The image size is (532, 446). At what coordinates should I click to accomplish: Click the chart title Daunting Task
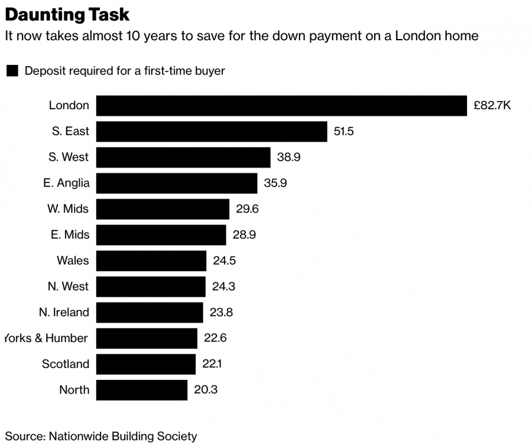(x=67, y=14)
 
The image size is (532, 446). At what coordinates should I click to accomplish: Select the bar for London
(x=281, y=106)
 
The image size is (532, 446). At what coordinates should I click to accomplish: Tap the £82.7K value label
(x=492, y=106)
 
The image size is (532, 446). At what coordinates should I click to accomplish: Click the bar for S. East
(x=212, y=131)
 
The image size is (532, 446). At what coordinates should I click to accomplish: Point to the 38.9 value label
(x=289, y=157)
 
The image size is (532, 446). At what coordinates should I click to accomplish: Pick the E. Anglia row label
(x=66, y=183)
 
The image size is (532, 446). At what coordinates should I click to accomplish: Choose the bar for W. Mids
(x=163, y=209)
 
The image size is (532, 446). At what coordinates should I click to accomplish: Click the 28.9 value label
(x=244, y=235)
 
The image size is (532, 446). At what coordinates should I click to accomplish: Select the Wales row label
(x=73, y=261)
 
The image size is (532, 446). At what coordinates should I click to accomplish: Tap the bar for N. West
(x=151, y=287)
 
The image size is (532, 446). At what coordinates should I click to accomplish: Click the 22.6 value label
(x=215, y=338)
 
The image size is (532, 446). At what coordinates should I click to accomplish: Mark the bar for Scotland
(x=145, y=364)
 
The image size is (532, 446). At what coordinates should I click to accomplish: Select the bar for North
(x=142, y=390)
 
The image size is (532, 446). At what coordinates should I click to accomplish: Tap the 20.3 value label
(x=206, y=390)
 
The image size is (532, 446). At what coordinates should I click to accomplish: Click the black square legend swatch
(x=12, y=71)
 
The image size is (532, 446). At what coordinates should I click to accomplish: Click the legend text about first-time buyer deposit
(x=125, y=71)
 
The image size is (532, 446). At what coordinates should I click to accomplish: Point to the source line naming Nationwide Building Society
(x=101, y=437)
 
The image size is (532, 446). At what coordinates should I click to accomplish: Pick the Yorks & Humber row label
(x=46, y=338)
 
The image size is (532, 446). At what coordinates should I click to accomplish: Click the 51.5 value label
(x=343, y=131)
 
